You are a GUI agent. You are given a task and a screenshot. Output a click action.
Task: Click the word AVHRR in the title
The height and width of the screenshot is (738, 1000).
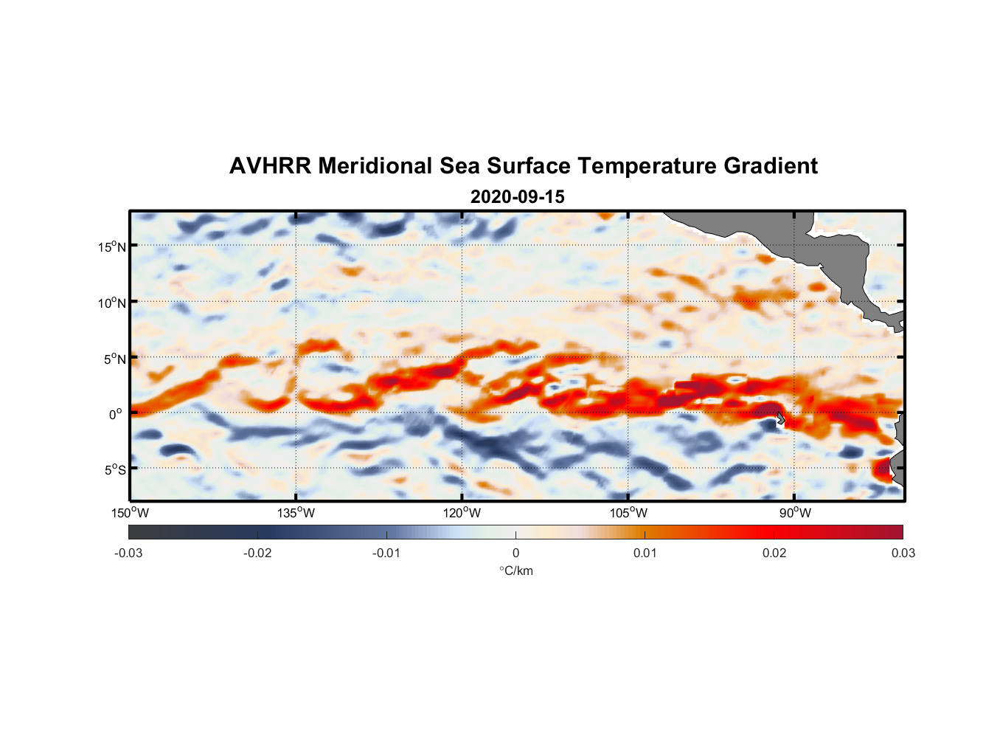269,166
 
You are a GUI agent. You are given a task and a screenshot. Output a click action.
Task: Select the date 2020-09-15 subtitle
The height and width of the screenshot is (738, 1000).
517,197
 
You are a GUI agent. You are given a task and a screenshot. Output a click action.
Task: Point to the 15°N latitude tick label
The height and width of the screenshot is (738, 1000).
112,246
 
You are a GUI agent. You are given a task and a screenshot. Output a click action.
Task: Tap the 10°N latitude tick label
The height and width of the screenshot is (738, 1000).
112,303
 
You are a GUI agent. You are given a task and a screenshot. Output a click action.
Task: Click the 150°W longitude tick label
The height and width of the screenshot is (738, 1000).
130,513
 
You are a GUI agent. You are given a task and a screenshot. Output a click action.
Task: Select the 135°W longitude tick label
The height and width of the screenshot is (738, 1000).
296,513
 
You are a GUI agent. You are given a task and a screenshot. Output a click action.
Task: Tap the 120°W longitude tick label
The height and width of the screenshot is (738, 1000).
462,513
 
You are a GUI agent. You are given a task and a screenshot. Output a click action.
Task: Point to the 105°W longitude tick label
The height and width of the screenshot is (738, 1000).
628,513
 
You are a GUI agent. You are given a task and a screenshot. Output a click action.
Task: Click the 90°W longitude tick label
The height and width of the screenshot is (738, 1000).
795,513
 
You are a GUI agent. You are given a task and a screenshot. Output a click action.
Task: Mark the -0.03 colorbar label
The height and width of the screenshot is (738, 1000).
128,553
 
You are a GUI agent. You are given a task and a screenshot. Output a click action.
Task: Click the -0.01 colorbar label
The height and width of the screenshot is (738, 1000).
386,553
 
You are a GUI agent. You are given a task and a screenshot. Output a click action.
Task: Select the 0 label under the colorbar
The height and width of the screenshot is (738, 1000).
515,553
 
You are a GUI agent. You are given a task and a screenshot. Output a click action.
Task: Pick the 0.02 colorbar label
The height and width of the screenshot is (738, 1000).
774,553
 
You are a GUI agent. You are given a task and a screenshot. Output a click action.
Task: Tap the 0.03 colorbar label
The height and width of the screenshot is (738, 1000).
903,553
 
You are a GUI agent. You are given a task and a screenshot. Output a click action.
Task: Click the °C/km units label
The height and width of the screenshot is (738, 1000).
516,570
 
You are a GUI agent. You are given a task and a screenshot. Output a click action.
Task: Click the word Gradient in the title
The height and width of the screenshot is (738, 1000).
771,166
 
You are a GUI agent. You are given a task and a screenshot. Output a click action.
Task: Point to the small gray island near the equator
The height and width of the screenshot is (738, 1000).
780,418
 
